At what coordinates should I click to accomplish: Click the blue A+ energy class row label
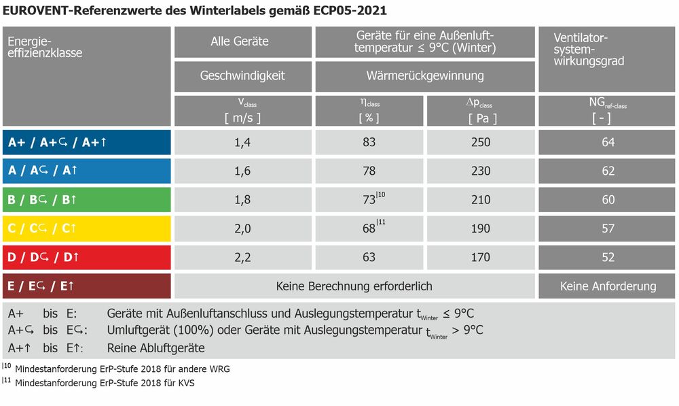[x=86, y=142]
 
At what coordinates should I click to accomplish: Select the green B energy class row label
[x=86, y=200]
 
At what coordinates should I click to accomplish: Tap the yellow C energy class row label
[x=86, y=229]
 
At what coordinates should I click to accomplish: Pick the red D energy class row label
[x=86, y=257]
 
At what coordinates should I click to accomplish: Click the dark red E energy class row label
[x=86, y=286]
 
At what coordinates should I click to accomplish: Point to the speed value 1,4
[x=242, y=142]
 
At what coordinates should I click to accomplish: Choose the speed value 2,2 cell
[x=242, y=257]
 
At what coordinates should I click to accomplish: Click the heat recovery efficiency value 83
[x=369, y=142]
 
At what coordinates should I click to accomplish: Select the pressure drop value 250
[x=480, y=142]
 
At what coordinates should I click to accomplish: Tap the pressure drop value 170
[x=480, y=257]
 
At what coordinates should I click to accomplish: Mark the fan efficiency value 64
[x=608, y=142]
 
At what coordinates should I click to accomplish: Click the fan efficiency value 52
[x=608, y=257]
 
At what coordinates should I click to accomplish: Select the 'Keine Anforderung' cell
[x=608, y=286]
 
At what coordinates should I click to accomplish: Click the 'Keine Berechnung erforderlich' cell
[x=354, y=286]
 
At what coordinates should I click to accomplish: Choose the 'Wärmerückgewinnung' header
[x=425, y=75]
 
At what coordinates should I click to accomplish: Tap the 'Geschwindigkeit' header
[x=242, y=75]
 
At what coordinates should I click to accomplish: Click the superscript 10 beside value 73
[x=382, y=196]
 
